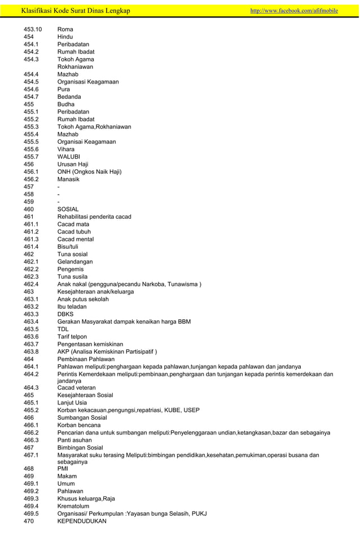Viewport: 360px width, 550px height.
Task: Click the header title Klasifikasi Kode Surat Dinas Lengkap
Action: [x=75, y=11]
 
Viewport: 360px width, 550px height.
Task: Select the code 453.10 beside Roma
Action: [x=33, y=29]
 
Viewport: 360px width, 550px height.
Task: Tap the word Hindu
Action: [x=65, y=37]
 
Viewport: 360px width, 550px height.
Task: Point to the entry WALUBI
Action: [x=69, y=157]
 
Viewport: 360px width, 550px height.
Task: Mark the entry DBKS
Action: [x=66, y=314]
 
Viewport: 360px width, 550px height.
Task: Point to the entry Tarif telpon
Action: [x=72, y=337]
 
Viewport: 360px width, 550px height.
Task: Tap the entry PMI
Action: [x=63, y=469]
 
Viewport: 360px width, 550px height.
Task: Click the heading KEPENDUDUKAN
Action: [x=82, y=521]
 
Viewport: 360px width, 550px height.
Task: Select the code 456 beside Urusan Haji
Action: [x=29, y=164]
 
